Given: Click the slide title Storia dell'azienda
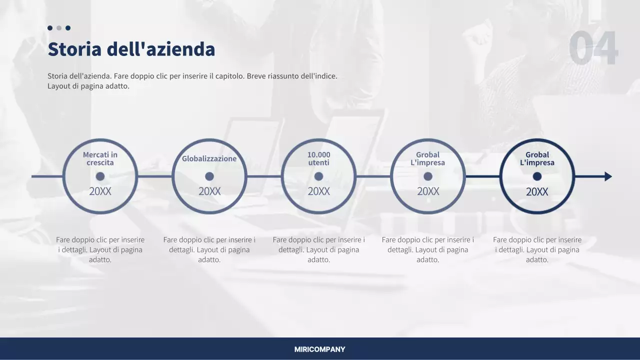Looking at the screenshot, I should coord(131,49).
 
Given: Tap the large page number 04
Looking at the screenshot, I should coord(593,48).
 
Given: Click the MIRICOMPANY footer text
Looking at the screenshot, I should coord(319,349).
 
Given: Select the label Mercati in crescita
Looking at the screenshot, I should coord(100,158).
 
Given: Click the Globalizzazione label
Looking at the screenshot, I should coord(209,158).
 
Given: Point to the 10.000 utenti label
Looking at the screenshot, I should coord(318,158).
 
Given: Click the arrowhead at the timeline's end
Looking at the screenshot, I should coord(608,176).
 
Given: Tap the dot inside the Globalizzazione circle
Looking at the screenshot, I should coord(209,176).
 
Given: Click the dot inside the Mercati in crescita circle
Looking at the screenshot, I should coord(100,176).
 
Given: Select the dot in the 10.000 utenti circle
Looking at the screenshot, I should coord(318,176).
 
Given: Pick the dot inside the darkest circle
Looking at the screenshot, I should coord(537,176).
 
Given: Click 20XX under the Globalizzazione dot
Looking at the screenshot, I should coord(209,191).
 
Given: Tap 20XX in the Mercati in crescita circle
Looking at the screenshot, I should coord(100,191).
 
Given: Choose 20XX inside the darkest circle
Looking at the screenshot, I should coord(537,192).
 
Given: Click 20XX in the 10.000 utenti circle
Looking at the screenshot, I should coord(318,191).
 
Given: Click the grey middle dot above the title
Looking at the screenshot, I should coord(59,28).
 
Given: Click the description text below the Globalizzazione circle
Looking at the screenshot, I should coord(209,249).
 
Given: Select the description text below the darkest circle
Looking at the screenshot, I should coord(537,249).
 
